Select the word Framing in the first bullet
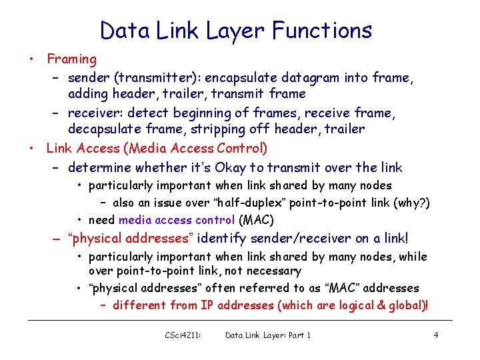pyautogui.click(x=71, y=59)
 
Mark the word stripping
pyautogui.click(x=225, y=129)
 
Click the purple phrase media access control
pyautogui.click(x=177, y=220)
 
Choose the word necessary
pyautogui.click(x=274, y=271)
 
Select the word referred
pyautogui.click(x=267, y=288)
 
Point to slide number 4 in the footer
pyautogui.click(x=435, y=335)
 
